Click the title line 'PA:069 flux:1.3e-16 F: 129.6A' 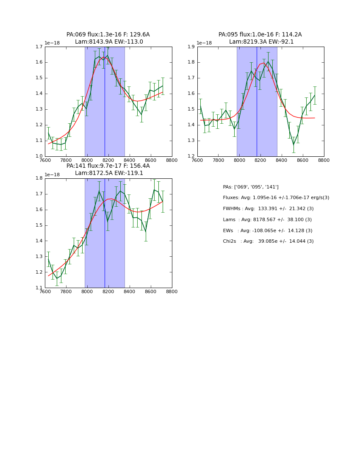click(x=108, y=35)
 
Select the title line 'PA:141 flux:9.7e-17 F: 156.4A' click(x=108, y=166)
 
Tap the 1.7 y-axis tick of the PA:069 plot click(x=39, y=47)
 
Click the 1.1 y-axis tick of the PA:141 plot click(x=39, y=288)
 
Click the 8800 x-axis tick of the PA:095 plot click(x=324, y=160)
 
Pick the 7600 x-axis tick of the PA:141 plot click(x=45, y=291)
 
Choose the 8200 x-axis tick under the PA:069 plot click(x=108, y=160)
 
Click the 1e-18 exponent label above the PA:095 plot click(x=204, y=43)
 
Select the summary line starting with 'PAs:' click(x=251, y=187)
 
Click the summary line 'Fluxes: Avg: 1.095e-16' click(x=276, y=198)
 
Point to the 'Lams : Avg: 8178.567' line click(x=267, y=220)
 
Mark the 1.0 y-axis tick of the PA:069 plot click(x=39, y=156)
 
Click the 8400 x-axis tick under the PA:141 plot click(x=130, y=291)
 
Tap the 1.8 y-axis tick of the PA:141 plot click(x=39, y=178)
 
